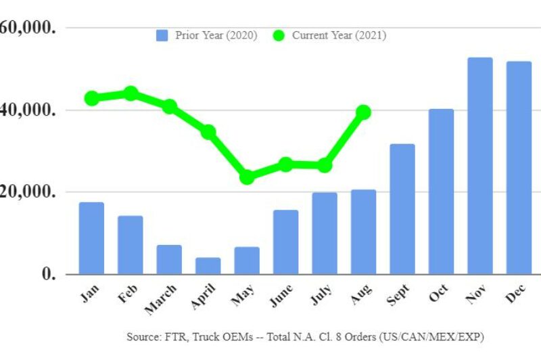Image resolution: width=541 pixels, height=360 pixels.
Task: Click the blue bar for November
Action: [x=480, y=166]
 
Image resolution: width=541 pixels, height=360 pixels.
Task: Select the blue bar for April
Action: [x=208, y=266]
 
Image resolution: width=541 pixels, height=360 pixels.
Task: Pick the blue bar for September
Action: [x=402, y=209]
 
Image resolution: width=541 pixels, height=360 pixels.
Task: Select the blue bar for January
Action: [x=91, y=238]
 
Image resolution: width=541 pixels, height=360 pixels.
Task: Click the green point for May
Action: [x=247, y=177]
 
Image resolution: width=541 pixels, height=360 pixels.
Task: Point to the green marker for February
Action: [x=131, y=93]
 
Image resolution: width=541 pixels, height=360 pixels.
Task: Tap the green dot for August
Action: [x=363, y=112]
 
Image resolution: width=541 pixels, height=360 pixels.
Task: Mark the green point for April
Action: [x=208, y=132]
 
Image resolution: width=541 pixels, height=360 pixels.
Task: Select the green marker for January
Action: [x=91, y=98]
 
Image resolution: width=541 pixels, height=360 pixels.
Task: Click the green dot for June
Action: [x=285, y=164]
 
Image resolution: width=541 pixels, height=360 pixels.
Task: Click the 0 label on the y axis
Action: [x=47, y=274]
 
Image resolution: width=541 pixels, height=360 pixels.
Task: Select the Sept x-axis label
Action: [x=398, y=295]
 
